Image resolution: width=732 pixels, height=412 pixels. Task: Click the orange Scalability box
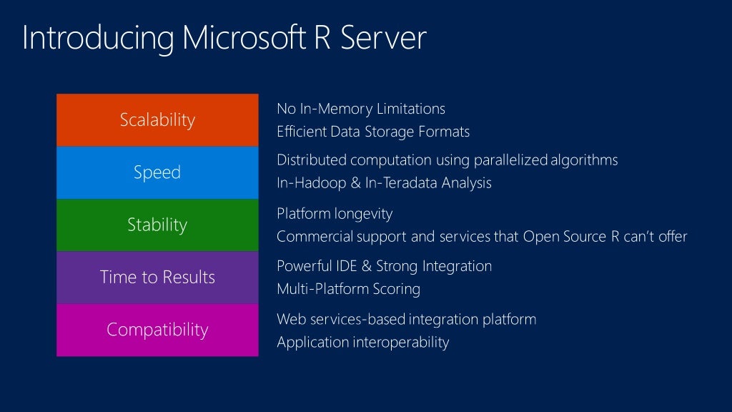[x=157, y=119]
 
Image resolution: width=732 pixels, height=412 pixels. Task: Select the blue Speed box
[x=157, y=172]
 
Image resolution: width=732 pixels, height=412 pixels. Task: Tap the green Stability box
[x=157, y=225]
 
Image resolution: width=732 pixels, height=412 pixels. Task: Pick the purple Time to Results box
[x=157, y=277]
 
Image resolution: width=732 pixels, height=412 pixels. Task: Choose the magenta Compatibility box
[x=157, y=330]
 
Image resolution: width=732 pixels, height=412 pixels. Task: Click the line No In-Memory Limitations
[x=360, y=109]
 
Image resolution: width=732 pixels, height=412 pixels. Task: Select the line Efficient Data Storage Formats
[x=372, y=132]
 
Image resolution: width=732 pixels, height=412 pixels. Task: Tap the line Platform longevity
[x=334, y=213]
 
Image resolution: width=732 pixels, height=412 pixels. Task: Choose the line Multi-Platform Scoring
[x=347, y=289]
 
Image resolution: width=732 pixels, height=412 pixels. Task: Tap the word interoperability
[x=400, y=342]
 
